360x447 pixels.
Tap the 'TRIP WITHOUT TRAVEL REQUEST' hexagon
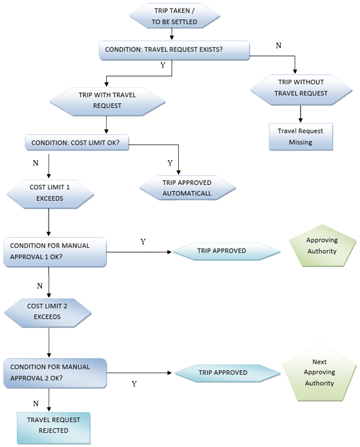point(301,88)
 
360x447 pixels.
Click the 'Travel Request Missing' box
point(299,137)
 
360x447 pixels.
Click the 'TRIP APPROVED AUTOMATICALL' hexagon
point(187,188)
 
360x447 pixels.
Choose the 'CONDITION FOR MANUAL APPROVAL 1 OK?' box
point(55,250)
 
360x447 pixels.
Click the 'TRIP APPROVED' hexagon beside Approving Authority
point(226,250)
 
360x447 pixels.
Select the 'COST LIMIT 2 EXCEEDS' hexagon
point(48,311)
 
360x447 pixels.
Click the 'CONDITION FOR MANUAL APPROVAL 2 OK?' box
point(55,372)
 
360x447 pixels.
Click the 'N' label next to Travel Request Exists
point(278,46)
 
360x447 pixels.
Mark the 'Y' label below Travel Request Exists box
point(163,65)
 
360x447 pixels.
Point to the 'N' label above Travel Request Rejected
point(35,403)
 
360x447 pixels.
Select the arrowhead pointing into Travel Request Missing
point(300,120)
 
